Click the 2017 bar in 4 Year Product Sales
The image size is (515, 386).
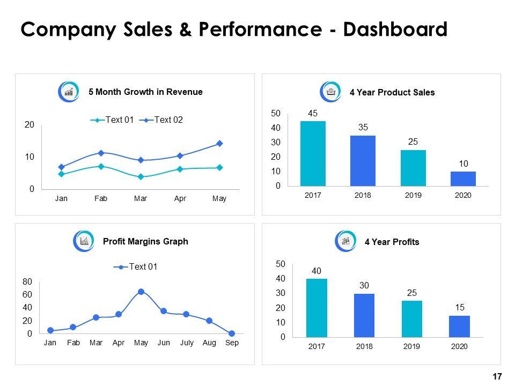(313, 154)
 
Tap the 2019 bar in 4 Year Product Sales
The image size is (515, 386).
(413, 168)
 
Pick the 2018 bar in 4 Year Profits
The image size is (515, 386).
(364, 315)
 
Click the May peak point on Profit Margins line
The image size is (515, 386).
(141, 292)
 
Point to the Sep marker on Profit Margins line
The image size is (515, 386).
(232, 333)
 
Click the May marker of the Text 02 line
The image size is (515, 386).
(219, 144)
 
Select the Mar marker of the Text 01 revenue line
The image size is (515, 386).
(141, 176)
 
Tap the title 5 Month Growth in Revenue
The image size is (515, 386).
(145, 92)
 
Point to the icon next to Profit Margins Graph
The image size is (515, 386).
(83, 241)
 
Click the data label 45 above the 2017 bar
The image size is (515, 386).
(313, 113)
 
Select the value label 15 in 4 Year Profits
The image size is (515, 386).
(460, 308)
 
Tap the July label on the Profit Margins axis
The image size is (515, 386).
(187, 343)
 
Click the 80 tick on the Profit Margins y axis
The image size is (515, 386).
(27, 282)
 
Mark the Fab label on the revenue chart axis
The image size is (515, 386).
(101, 199)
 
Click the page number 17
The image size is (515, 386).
(496, 376)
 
